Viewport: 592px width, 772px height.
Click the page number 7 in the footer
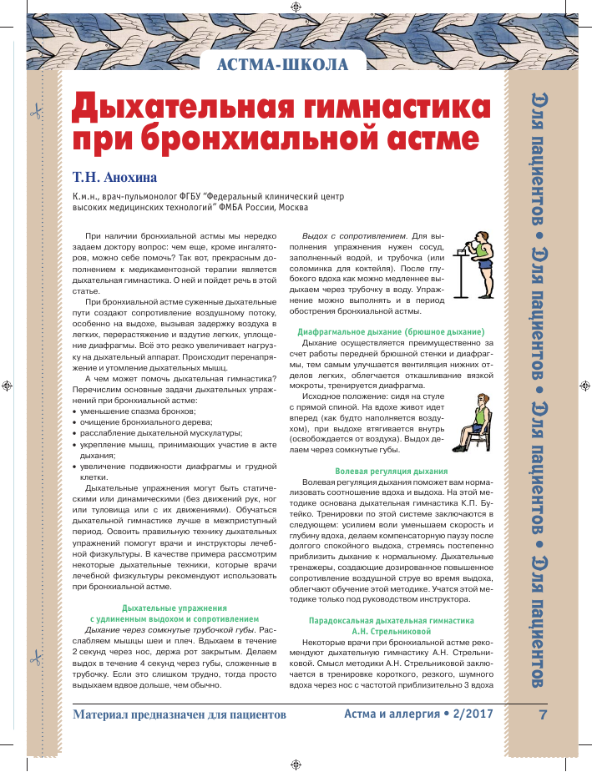pyautogui.click(x=543, y=715)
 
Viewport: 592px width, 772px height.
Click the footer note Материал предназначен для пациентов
pyautogui.click(x=180, y=716)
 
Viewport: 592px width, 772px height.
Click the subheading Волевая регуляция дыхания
pyautogui.click(x=391, y=472)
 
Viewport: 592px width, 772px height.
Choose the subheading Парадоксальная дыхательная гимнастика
pyautogui.click(x=391, y=621)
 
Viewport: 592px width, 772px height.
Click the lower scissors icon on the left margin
pyautogui.click(x=35, y=658)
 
